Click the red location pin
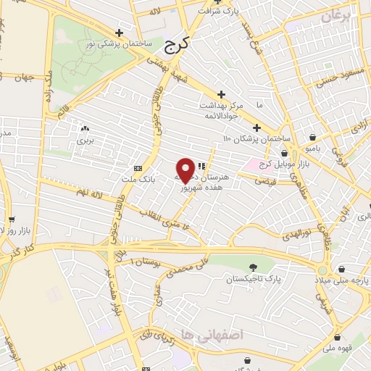coord(185,170)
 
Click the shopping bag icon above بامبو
coord(312,137)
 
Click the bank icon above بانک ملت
coord(138,167)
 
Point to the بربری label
coord(86,138)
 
